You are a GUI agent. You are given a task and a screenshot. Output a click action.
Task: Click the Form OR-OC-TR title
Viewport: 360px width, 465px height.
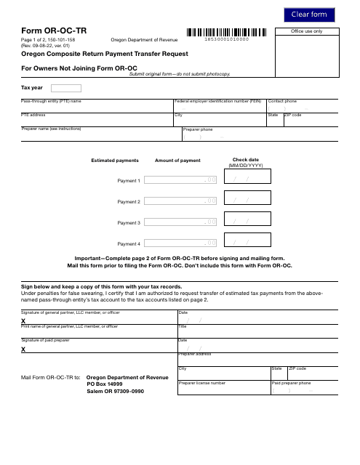click(52, 31)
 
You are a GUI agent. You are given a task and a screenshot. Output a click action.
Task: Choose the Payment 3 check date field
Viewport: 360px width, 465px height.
click(248, 222)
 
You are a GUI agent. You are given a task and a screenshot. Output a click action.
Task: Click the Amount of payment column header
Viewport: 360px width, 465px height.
click(178, 160)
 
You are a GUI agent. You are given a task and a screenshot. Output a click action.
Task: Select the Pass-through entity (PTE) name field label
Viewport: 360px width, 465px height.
click(51, 101)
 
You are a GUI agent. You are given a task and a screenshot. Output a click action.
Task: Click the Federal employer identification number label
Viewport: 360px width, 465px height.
click(217, 101)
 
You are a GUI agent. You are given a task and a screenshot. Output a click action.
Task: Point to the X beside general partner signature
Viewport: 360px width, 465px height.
click(23, 320)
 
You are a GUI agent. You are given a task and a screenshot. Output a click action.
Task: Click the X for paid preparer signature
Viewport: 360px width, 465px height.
click(23, 349)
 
